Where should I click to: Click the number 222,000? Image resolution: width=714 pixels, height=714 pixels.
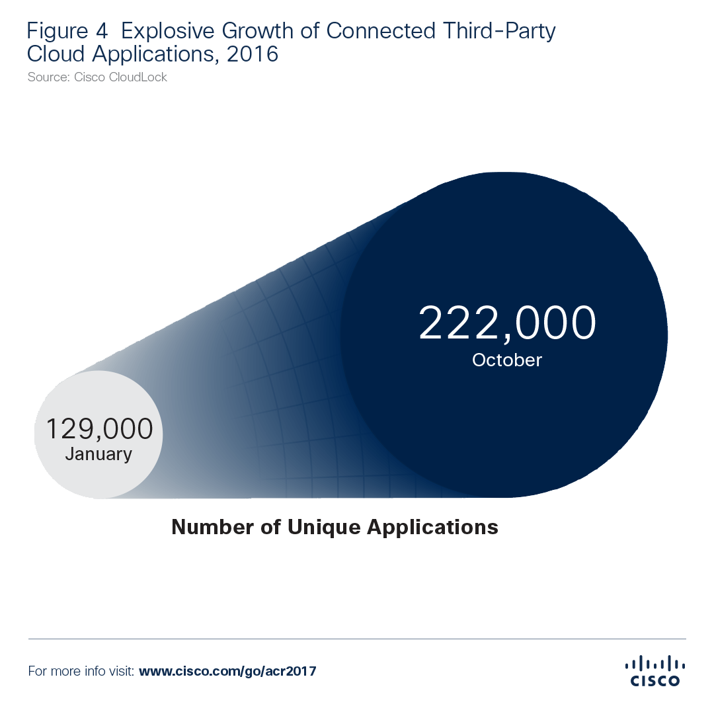pyautogui.click(x=507, y=323)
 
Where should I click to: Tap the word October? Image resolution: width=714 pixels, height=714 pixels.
pyautogui.click(x=507, y=360)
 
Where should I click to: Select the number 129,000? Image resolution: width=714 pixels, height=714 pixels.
pyautogui.click(x=99, y=429)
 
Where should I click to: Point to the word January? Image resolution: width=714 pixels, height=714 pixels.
pyautogui.click(x=99, y=454)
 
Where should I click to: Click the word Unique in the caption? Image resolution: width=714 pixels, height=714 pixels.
pyautogui.click(x=317, y=527)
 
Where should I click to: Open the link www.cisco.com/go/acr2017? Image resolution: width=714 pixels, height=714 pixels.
pyautogui.click(x=227, y=671)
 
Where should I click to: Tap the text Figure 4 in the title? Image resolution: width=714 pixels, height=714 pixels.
pyautogui.click(x=67, y=32)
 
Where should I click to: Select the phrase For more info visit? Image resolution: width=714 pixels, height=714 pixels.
pyautogui.click(x=81, y=671)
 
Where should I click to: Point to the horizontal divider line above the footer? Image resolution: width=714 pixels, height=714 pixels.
pyautogui.click(x=357, y=639)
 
